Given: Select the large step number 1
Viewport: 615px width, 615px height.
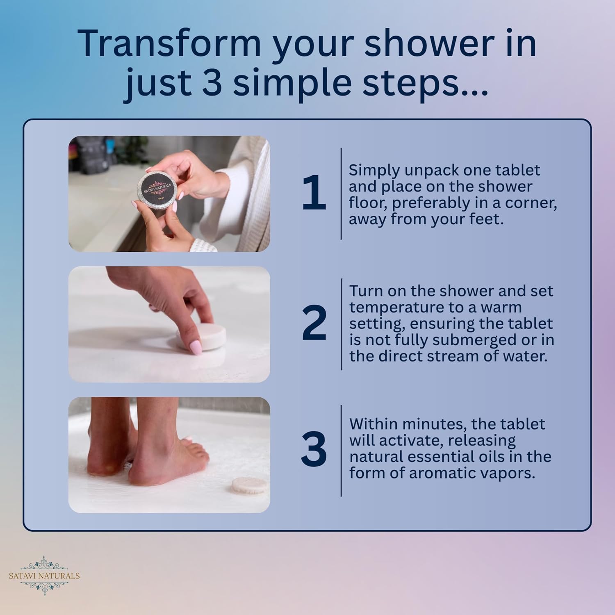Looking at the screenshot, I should tap(314, 193).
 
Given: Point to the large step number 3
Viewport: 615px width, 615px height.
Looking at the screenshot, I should tap(314, 450).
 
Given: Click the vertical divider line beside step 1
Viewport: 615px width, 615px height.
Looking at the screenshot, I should tap(341, 194).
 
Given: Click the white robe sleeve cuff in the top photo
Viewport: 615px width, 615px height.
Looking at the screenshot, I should tap(205, 244).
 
